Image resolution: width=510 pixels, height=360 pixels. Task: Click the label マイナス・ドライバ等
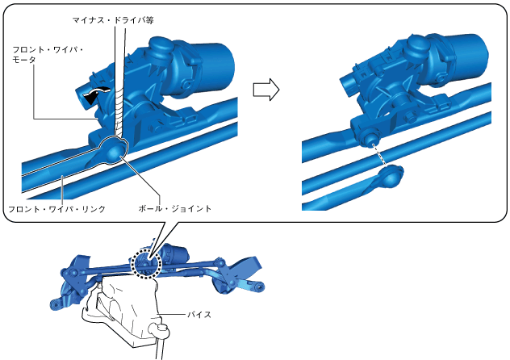pos(113,20)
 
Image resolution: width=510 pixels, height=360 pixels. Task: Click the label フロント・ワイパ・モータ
pos(48,55)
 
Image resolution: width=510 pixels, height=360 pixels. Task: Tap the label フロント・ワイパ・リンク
pos(56,209)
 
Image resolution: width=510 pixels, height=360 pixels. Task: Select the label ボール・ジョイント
pos(175,208)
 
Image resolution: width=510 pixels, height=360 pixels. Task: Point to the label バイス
pos(199,315)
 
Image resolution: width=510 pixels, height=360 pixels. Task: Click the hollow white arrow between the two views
pos(266,90)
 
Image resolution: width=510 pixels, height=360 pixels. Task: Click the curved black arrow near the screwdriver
pos(95,94)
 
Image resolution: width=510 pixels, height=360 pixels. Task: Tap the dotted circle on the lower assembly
pos(146,263)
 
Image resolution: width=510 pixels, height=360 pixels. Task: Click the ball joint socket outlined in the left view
pos(115,151)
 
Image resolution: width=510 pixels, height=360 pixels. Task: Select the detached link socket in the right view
pos(392,178)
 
